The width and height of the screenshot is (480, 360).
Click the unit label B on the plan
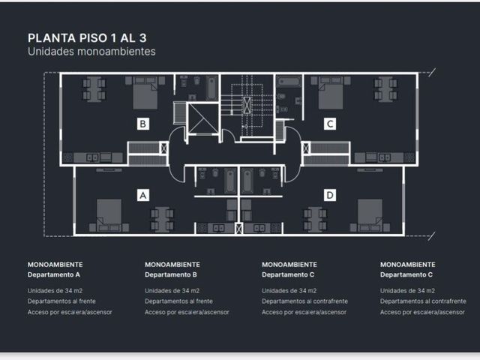click(143, 124)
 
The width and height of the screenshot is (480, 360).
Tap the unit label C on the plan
click(330, 124)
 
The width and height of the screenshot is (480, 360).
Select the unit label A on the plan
click(143, 195)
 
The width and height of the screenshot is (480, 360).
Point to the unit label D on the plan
click(330, 195)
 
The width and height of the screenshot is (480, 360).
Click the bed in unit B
click(145, 93)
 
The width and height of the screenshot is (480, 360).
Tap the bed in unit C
click(331, 93)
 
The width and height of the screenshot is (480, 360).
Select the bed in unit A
click(109, 215)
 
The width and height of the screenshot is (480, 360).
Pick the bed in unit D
click(370, 215)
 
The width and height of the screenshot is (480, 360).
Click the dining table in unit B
click(94, 89)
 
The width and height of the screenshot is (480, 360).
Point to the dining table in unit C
click(385, 89)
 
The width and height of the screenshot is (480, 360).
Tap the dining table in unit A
click(162, 220)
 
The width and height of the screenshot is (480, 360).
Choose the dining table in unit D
click(315, 220)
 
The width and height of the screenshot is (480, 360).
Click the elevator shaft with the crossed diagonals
click(202, 118)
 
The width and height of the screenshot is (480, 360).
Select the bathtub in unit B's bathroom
click(211, 88)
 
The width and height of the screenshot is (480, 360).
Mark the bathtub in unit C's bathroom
click(289, 82)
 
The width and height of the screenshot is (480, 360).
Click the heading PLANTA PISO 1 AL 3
click(87, 38)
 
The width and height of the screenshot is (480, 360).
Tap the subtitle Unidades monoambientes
click(91, 52)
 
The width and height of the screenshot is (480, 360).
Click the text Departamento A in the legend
click(54, 274)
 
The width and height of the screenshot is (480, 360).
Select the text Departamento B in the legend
click(171, 274)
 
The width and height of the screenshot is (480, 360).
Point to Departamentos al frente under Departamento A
click(61, 301)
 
